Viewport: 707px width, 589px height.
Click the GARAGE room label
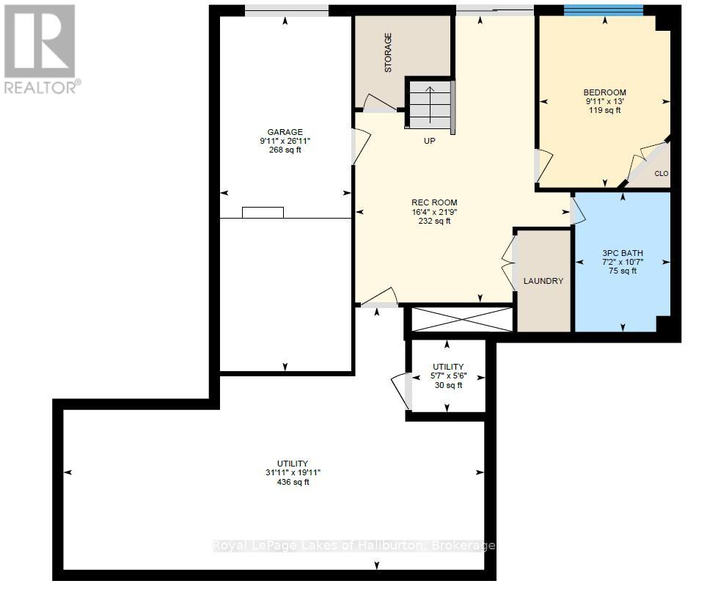point(285,132)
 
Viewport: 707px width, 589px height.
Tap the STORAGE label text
point(388,52)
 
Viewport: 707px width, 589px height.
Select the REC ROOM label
point(434,202)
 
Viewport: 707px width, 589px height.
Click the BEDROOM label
point(604,92)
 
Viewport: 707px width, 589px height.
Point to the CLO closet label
point(661,174)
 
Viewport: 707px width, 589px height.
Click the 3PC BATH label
point(622,253)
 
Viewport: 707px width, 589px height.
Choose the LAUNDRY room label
point(543,281)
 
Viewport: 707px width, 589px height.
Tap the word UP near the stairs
point(430,141)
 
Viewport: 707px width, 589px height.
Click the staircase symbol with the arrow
point(430,104)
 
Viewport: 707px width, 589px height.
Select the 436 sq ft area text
point(293,482)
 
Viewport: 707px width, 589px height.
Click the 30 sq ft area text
point(448,385)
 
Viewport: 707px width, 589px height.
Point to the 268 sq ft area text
point(285,150)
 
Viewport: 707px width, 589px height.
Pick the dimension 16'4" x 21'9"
point(434,212)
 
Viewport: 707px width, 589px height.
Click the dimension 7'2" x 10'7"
point(622,262)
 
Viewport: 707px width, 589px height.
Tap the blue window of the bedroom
point(603,10)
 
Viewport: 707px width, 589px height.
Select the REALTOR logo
point(40,48)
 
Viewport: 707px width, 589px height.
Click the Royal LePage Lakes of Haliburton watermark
point(353,546)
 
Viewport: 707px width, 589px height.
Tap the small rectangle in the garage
point(263,213)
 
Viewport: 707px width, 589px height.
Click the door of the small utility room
point(400,391)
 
